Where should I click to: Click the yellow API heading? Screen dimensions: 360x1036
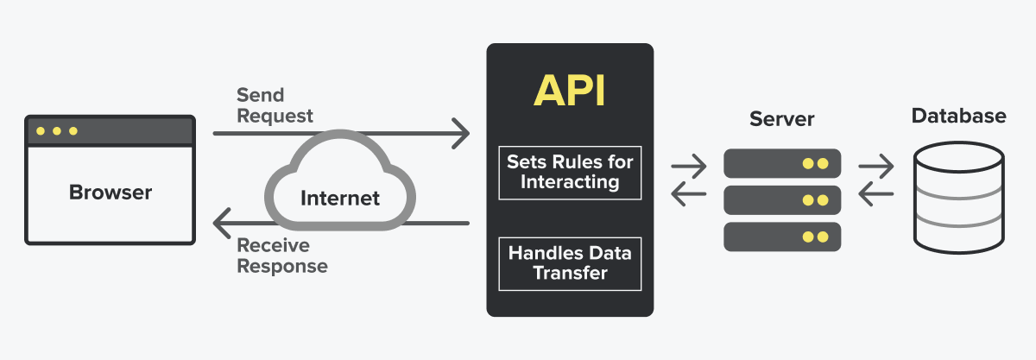click(x=570, y=90)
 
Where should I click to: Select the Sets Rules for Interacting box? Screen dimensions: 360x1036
click(x=570, y=172)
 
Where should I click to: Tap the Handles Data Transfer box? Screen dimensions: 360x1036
click(x=570, y=263)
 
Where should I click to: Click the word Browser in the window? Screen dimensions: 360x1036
click(x=111, y=192)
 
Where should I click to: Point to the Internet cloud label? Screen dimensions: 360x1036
click(x=339, y=199)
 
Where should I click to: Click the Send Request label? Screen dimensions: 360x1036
click(x=275, y=104)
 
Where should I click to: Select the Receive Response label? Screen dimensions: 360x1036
click(x=282, y=256)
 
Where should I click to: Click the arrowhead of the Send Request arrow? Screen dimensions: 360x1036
click(x=462, y=134)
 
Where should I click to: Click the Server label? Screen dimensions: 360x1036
click(x=781, y=118)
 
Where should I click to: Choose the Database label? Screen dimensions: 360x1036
click(x=958, y=116)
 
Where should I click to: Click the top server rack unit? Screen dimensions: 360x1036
click(x=781, y=162)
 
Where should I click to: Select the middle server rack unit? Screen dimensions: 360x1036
click(x=781, y=199)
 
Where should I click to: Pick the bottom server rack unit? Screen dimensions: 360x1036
click(x=781, y=237)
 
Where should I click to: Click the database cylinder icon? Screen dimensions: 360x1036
click(x=958, y=199)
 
